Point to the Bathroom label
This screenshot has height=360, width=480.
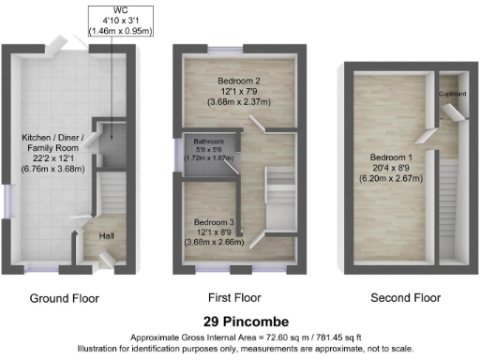(209, 141)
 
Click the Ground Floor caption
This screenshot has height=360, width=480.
(66, 298)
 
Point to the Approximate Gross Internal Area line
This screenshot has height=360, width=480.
(239, 336)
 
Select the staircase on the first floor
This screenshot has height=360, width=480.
(279, 188)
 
